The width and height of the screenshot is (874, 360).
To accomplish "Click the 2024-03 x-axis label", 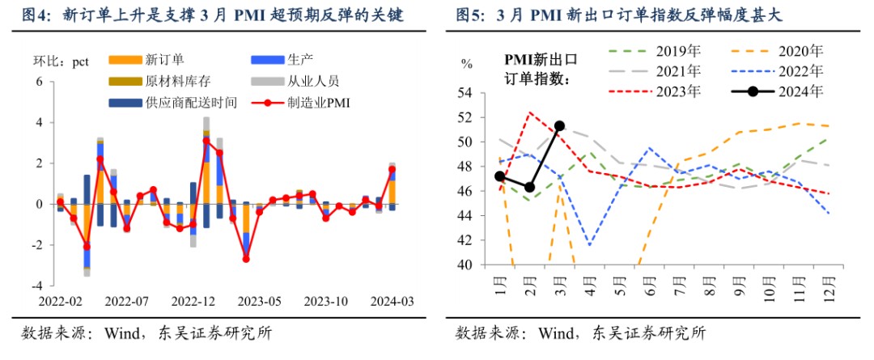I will [x=392, y=301].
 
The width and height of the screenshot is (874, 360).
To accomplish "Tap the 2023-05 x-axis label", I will [x=258, y=301].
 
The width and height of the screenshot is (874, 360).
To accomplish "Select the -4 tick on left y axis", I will [x=37, y=286].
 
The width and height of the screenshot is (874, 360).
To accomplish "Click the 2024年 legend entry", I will [x=800, y=91].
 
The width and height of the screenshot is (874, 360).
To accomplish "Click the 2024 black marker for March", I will [x=559, y=126].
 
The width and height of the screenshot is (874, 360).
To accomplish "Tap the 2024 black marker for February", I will [x=530, y=187].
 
